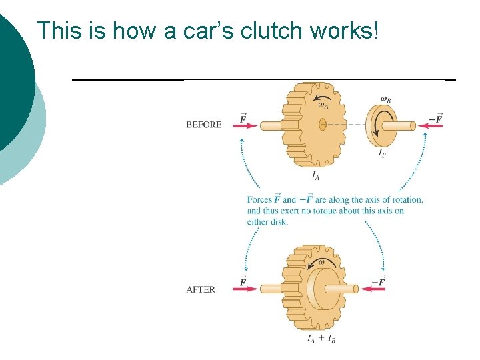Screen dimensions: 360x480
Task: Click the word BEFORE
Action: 204,125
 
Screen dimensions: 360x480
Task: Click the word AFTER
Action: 201,289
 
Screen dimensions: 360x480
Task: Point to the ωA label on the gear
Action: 323,103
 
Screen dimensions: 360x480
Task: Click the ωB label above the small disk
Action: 385,100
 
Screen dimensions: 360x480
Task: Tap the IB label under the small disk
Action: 382,153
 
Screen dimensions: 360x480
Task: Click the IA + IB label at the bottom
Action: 321,339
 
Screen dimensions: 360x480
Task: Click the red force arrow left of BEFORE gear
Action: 247,125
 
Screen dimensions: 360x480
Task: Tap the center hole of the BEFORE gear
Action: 322,124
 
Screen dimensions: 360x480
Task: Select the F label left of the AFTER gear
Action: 243,281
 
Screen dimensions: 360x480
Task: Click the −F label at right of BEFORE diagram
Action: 435,119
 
